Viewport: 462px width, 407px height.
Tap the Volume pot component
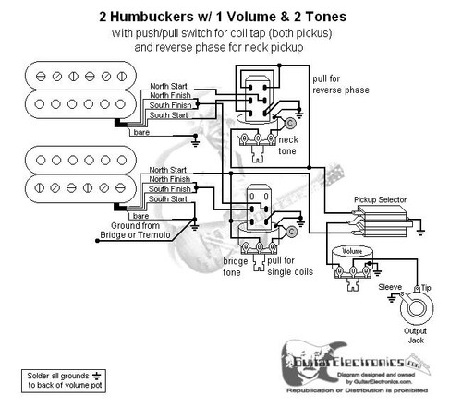click(x=353, y=263)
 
